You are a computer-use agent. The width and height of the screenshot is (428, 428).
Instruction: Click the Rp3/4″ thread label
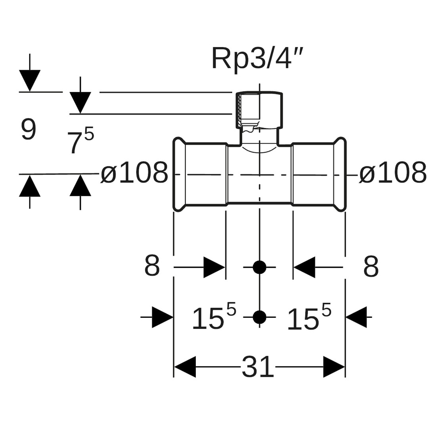(x=257, y=58)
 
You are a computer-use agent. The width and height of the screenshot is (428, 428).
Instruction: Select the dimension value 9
(x=29, y=130)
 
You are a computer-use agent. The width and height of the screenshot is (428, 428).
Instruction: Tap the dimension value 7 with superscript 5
(x=80, y=141)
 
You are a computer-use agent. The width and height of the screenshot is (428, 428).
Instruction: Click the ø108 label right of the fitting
(x=393, y=173)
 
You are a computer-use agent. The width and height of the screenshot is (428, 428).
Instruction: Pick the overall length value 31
(x=258, y=367)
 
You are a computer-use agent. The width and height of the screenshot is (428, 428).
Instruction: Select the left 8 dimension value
(x=152, y=266)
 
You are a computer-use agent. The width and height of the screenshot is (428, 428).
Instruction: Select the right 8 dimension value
(x=371, y=267)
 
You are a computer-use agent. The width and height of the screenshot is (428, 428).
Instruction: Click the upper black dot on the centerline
(x=260, y=267)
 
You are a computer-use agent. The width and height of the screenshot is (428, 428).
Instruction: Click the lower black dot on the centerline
(x=260, y=317)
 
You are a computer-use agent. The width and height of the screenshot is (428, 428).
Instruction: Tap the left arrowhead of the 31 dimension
(x=185, y=367)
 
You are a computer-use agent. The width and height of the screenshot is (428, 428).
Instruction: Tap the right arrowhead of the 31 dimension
(x=334, y=367)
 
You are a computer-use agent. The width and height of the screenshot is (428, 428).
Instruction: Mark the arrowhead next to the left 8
(x=214, y=267)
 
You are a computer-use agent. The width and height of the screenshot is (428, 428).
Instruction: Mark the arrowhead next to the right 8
(x=304, y=267)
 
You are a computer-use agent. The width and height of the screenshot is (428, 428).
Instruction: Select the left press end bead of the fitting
(x=180, y=174)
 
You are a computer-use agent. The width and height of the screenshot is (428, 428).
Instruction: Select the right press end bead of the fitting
(x=340, y=174)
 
